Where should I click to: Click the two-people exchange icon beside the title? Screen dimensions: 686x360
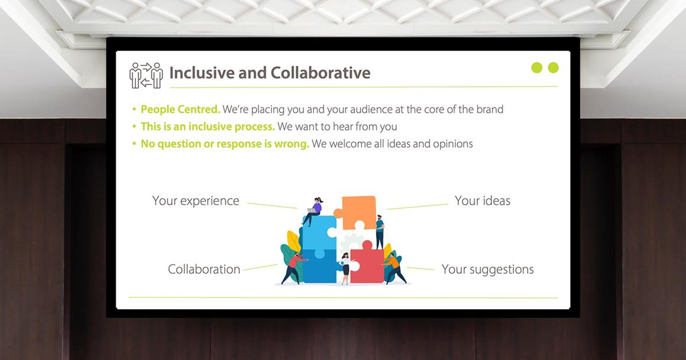click(146, 75)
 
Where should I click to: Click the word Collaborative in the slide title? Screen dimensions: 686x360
click(321, 73)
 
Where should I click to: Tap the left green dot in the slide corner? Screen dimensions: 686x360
click(537, 67)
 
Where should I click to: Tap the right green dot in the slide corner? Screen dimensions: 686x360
click(554, 67)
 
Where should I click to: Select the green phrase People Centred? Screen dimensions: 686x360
click(180, 109)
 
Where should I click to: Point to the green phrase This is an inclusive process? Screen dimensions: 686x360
click(208, 127)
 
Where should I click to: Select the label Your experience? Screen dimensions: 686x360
click(196, 201)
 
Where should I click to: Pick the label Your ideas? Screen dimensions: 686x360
click(483, 201)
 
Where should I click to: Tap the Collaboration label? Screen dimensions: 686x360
click(204, 269)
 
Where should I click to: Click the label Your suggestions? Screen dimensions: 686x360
click(488, 270)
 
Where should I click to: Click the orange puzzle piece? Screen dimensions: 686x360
click(357, 212)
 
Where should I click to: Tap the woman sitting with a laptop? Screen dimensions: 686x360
click(313, 212)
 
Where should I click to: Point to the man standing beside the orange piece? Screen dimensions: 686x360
click(379, 232)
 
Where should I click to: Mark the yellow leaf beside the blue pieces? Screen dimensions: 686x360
click(293, 242)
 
